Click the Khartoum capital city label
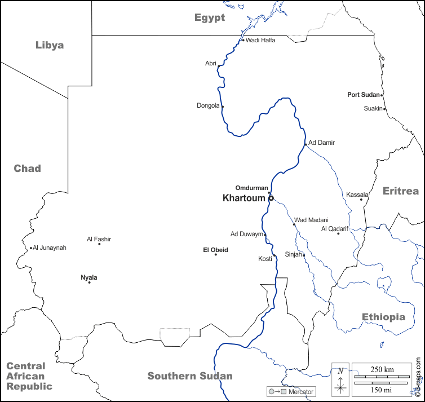pos(244,198)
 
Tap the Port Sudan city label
pos(364,95)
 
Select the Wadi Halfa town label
pos(260,40)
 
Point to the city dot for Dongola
pos(223,107)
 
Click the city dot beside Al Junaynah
pos(31,248)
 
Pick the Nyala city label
pos(89,277)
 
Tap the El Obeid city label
pos(215,249)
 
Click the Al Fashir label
pos(99,239)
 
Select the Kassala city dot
pos(361,200)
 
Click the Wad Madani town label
pos(311,220)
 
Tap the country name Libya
pos(50,45)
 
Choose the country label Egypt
pos(210,17)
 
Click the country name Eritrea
pos(401,191)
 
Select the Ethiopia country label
pos(383,317)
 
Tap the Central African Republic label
pos(29,376)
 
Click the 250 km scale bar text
pos(382,369)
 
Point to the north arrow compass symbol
pos(340,378)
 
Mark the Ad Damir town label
pos(321,143)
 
